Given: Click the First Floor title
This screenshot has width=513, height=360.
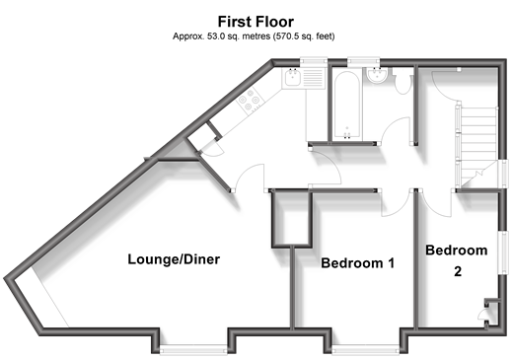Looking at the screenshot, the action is (x=256, y=22).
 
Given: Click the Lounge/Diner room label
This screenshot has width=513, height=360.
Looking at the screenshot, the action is (x=174, y=259).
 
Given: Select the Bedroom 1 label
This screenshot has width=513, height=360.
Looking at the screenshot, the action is (x=357, y=263).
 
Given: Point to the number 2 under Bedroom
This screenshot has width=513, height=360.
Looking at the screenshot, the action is (x=458, y=271).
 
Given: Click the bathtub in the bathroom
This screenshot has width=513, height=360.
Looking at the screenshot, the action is (x=347, y=105).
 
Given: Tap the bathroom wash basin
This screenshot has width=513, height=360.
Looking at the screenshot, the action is (x=377, y=75).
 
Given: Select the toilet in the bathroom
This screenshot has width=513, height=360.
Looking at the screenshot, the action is (x=403, y=82).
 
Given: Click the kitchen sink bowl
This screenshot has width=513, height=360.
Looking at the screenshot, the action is (x=292, y=78).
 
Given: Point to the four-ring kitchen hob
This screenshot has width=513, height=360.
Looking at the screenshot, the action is (x=250, y=100).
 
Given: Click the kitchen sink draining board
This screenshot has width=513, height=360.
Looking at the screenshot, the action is (x=314, y=78).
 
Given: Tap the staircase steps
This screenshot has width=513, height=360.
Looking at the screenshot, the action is (x=478, y=146).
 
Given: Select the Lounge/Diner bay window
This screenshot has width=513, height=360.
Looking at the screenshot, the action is (x=193, y=349).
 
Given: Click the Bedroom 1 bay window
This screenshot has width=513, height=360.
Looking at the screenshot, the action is (x=365, y=349).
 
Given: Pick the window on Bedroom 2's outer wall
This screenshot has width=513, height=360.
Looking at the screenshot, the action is (x=502, y=252).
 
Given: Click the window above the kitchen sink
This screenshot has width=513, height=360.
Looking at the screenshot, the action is (x=314, y=61).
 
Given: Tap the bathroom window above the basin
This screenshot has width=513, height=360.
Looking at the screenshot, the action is (x=364, y=61).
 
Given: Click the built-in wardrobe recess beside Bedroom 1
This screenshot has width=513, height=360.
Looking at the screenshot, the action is (x=291, y=218).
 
